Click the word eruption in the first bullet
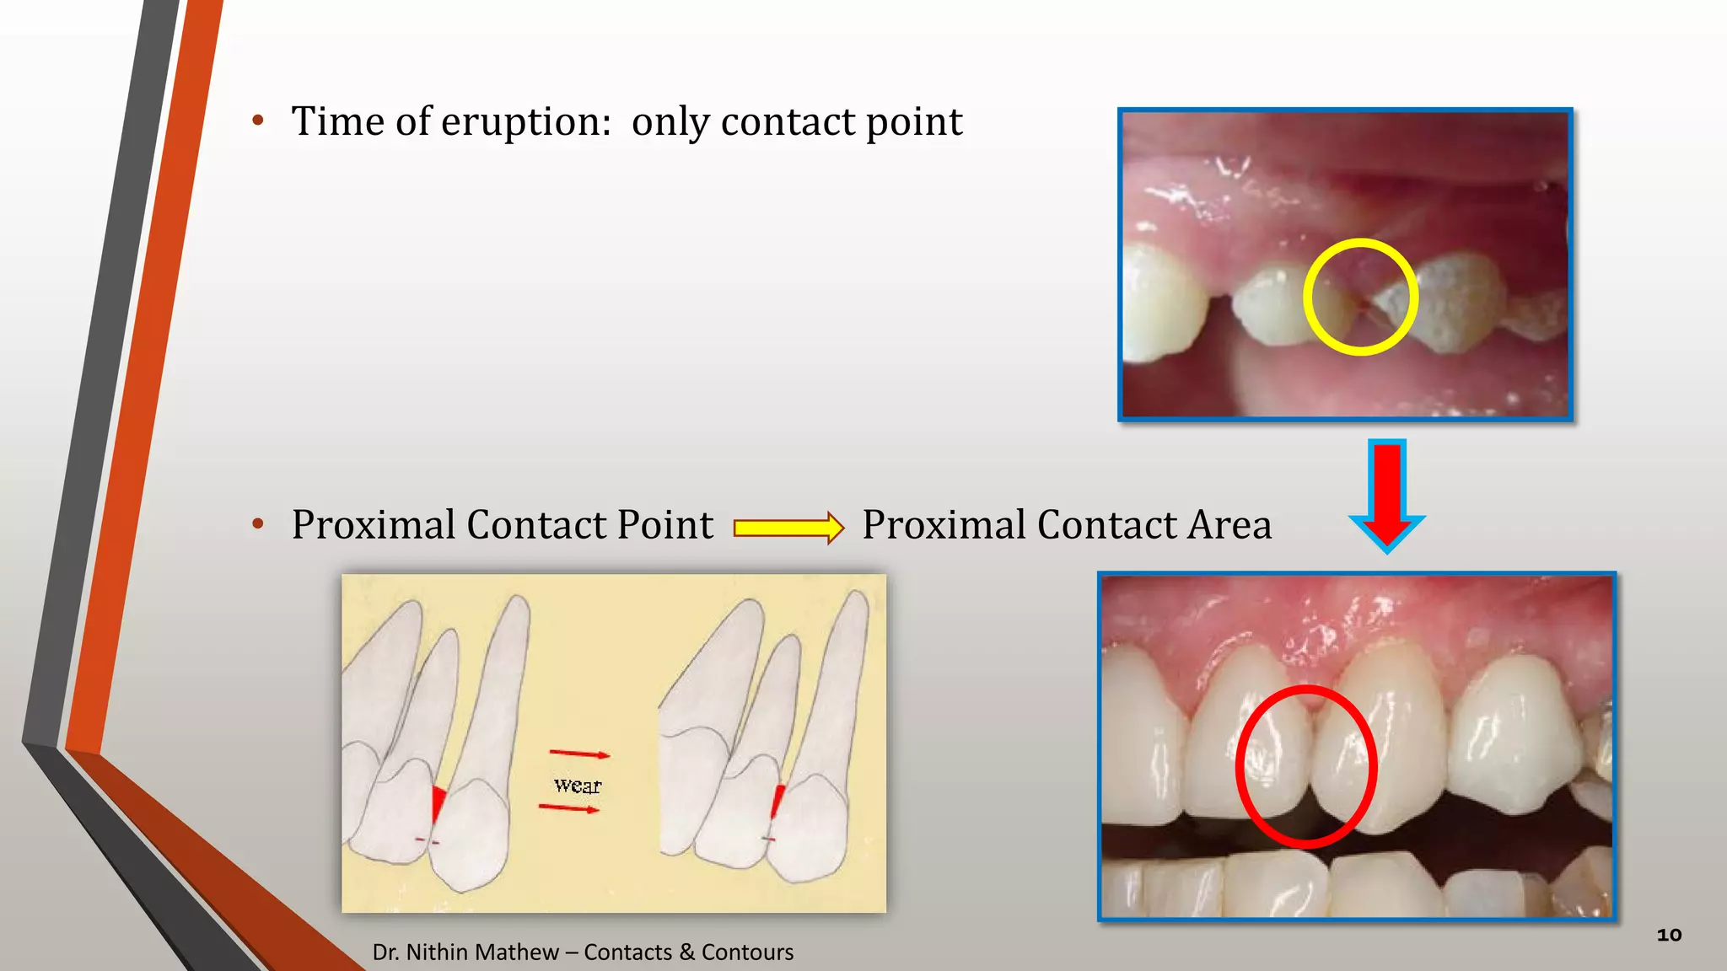(525, 123)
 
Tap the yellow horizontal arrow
(788, 528)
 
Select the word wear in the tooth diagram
(578, 786)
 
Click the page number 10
(1669, 935)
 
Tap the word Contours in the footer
(747, 952)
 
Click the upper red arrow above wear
(579, 754)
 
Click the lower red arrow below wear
(569, 808)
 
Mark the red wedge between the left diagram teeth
(438, 802)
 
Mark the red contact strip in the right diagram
(777, 801)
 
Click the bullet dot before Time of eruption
(258, 121)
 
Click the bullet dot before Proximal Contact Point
(258, 524)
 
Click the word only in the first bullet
(671, 123)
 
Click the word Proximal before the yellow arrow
(374, 525)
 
